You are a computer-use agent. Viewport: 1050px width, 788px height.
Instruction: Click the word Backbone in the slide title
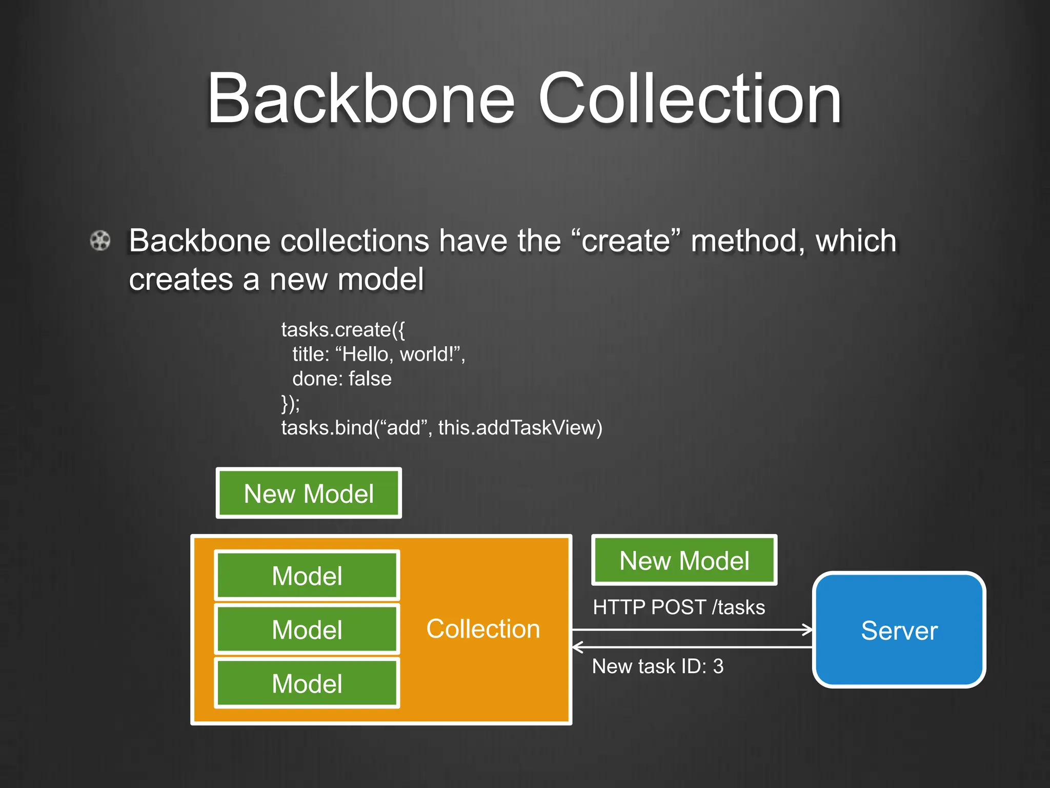(360, 98)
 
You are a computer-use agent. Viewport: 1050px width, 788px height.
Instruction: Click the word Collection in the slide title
(690, 98)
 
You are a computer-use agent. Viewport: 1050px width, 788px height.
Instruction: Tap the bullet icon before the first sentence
(100, 241)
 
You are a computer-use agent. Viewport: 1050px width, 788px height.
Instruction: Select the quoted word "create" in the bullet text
(626, 241)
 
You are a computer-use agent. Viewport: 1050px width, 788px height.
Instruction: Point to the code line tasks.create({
(342, 330)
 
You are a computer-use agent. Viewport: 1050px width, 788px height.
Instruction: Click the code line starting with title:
(378, 354)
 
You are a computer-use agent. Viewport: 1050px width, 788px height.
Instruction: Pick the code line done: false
(341, 379)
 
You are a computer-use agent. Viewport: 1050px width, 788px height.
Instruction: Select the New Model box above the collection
(309, 494)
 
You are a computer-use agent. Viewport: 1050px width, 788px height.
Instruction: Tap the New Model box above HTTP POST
(684, 560)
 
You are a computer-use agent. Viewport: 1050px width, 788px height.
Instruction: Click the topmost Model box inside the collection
(307, 576)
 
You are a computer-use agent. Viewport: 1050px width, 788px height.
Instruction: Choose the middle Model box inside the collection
(307, 629)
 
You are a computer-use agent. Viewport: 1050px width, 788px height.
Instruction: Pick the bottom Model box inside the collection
(307, 683)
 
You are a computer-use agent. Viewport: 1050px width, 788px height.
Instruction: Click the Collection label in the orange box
(483, 629)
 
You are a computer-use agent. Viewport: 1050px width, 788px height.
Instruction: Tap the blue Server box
(899, 630)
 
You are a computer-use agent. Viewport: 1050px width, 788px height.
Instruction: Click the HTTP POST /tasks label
(678, 607)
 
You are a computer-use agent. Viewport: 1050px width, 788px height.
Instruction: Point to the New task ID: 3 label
(657, 666)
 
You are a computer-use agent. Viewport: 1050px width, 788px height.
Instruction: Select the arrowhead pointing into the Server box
(808, 629)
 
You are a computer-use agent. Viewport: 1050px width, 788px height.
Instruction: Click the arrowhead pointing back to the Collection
(577, 647)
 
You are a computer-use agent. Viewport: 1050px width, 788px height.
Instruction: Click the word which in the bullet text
(856, 241)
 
